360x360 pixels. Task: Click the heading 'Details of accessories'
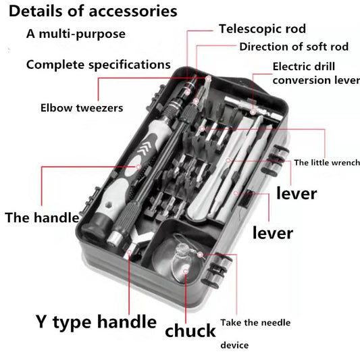point(93,11)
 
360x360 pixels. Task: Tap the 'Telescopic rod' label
point(262,29)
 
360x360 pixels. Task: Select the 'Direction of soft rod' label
point(294,47)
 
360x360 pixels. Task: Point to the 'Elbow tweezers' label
point(82,108)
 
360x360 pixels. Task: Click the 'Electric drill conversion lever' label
point(316,74)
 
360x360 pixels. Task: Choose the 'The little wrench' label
point(327,163)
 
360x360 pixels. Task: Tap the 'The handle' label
point(42,217)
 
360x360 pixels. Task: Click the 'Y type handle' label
point(96,322)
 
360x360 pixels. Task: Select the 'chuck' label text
point(190,331)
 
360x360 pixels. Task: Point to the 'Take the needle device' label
point(255,334)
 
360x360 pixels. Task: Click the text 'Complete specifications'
point(98,65)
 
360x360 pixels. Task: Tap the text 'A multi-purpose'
point(76,34)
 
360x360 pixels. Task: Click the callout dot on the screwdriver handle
point(138,167)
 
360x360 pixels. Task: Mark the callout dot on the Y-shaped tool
point(129,252)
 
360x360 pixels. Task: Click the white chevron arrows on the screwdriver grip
point(144,148)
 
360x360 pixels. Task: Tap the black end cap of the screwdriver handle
point(95,226)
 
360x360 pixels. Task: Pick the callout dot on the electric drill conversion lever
point(253,113)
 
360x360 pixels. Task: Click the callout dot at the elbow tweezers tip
point(208,79)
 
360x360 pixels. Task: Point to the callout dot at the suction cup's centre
point(186,272)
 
